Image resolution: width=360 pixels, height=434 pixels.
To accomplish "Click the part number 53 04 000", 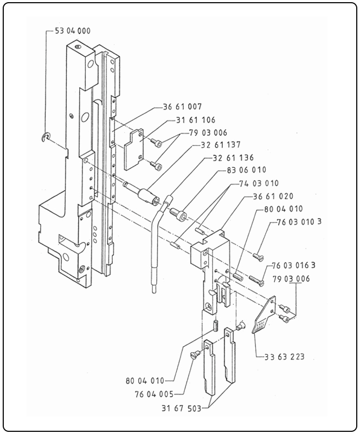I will pos(73,31).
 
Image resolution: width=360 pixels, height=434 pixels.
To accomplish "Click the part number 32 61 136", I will pos(233,158).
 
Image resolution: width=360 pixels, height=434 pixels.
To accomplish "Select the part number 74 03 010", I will pos(259,183).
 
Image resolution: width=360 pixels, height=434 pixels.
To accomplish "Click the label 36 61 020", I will pos(272,196).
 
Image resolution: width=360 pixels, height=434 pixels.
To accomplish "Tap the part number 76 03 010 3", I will pos(299,222).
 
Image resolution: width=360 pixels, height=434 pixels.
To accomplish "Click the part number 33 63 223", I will pos(285,356).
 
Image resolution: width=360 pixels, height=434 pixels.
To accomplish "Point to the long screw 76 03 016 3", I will pos(256,279).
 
